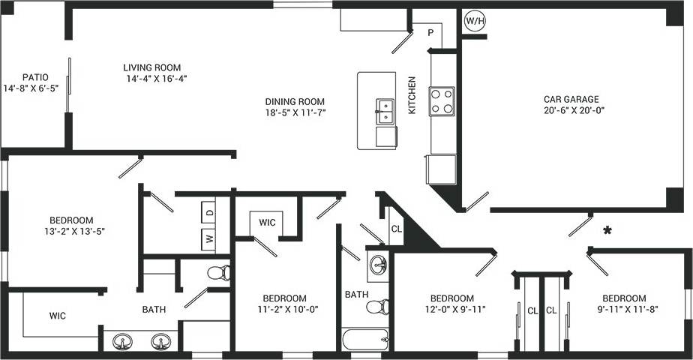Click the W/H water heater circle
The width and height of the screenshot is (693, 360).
tap(475, 21)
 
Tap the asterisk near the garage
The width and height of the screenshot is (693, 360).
tap(607, 231)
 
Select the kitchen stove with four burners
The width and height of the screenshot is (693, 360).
tap(441, 101)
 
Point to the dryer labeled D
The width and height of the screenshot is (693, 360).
tap(209, 212)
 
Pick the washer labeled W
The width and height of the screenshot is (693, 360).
tap(209, 241)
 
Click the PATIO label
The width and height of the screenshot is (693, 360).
tap(35, 77)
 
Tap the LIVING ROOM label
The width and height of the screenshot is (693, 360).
tap(152, 67)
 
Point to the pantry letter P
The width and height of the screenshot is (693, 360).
tap(431, 33)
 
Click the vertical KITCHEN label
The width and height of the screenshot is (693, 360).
tap(412, 95)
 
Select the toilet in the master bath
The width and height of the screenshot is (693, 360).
tap(217, 272)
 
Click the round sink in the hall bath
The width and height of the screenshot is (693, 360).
tap(379, 265)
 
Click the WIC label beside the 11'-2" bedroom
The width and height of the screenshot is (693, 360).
tap(268, 223)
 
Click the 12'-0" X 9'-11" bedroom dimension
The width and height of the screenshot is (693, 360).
tap(452, 308)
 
